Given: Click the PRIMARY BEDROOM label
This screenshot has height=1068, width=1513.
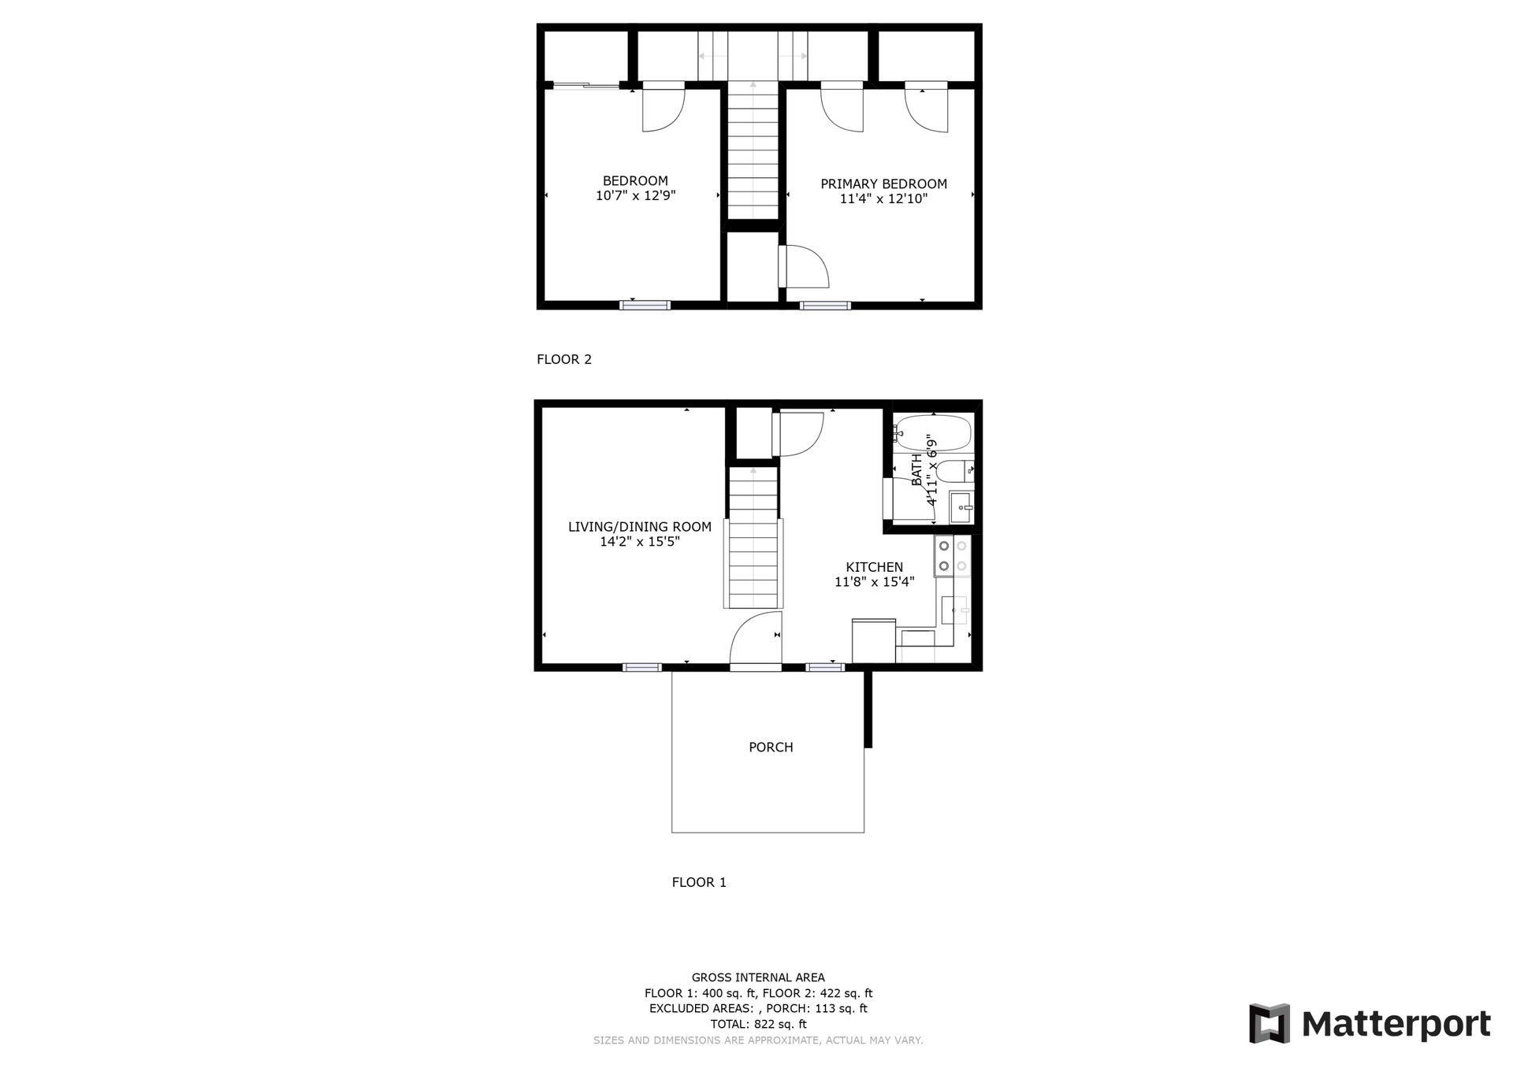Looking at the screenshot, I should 883,184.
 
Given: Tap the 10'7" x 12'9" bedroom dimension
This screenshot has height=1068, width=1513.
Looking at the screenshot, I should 635,196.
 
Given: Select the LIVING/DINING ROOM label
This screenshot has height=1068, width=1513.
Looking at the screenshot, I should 639,527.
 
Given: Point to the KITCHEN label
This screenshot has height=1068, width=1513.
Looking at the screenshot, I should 874,567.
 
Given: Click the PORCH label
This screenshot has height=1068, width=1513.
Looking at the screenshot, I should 771,747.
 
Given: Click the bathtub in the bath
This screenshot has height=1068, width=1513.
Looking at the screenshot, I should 934,432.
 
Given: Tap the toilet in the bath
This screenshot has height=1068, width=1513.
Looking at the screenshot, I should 955,471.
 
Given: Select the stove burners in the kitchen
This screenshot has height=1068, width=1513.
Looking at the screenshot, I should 952,555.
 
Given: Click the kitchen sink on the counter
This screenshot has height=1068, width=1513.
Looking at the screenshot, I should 954,610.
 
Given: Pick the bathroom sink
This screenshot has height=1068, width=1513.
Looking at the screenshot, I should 961,506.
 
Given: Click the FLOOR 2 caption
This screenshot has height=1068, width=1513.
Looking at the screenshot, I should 563,360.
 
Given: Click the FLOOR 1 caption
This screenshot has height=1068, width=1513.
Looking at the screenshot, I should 699,883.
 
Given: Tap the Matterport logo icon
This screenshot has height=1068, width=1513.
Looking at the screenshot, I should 1269,1023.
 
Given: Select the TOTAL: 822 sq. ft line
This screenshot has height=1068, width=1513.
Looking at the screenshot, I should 758,1025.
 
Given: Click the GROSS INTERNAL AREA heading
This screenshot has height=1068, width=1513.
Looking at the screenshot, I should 758,978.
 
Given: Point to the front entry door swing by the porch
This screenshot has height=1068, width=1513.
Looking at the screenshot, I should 755,640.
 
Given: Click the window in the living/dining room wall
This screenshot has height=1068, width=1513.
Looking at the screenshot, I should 641,668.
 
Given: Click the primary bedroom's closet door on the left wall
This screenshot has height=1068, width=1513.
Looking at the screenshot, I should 804,266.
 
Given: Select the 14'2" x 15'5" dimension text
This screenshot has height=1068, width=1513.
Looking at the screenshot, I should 639,543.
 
